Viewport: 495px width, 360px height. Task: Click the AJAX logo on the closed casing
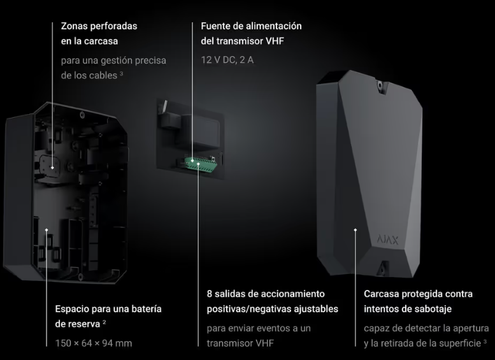[388, 240]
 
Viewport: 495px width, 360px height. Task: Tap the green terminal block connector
[199, 164]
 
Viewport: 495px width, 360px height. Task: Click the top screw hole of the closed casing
[380, 85]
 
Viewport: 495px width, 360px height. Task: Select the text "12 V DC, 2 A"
[227, 60]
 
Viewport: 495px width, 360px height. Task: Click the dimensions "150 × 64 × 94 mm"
[94, 343]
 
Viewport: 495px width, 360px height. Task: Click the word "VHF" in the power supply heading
[275, 41]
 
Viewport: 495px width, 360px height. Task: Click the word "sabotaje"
[433, 309]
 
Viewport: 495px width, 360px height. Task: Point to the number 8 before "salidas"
[210, 294]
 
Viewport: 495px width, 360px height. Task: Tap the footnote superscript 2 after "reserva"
[104, 322]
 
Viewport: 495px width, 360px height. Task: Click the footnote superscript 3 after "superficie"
[485, 341]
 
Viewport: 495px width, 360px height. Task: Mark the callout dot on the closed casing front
[355, 230]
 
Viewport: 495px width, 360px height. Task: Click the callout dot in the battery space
[47, 229]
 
